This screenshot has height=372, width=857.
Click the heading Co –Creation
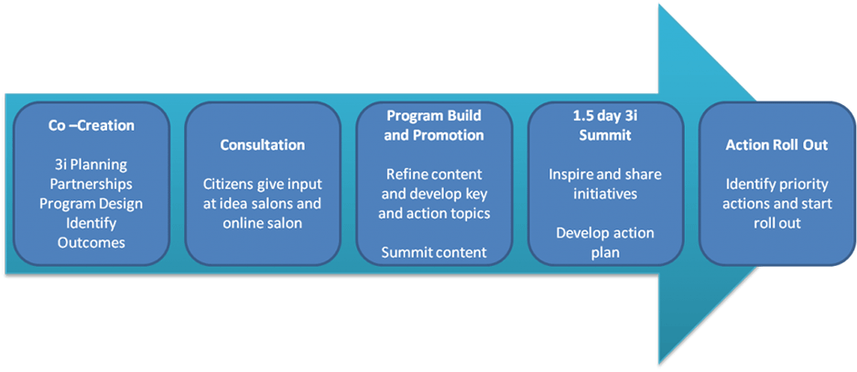click(91, 125)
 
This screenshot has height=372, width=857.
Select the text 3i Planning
click(91, 165)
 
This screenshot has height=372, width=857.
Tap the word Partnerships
click(91, 184)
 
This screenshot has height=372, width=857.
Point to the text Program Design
click(91, 204)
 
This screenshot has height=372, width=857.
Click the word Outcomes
click(91, 243)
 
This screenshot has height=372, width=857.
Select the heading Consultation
click(263, 145)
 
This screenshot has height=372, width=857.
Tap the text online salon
click(263, 223)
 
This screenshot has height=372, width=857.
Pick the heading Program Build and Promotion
click(434, 125)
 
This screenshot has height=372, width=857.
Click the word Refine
click(407, 175)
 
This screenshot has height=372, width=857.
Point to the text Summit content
click(434, 252)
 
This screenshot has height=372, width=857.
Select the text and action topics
click(434, 214)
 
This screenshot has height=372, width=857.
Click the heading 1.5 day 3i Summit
click(605, 125)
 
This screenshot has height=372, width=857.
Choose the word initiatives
click(605, 194)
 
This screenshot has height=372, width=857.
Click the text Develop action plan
click(605, 243)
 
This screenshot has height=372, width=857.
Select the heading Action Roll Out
click(776, 145)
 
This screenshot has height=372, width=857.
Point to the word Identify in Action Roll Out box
click(749, 185)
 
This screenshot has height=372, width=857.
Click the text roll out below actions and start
click(776, 223)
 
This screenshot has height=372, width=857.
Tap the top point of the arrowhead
click(659, 5)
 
